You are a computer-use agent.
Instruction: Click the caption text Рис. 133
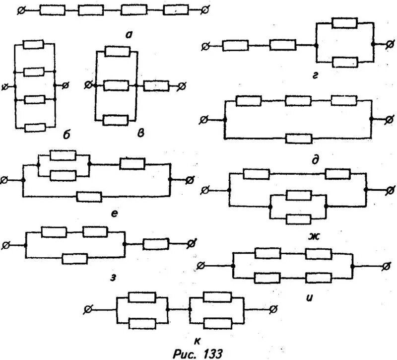click(198, 352)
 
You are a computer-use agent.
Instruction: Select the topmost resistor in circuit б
click(34, 45)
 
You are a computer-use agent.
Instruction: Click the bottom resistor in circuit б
click(34, 128)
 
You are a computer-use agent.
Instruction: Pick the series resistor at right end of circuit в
click(156, 86)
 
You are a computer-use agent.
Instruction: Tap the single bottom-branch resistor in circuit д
click(299, 138)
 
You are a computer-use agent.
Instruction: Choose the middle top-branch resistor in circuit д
click(298, 101)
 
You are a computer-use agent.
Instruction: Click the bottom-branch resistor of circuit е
click(89, 197)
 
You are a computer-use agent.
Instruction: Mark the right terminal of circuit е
click(189, 180)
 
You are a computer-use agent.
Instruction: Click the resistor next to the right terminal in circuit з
click(155, 244)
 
